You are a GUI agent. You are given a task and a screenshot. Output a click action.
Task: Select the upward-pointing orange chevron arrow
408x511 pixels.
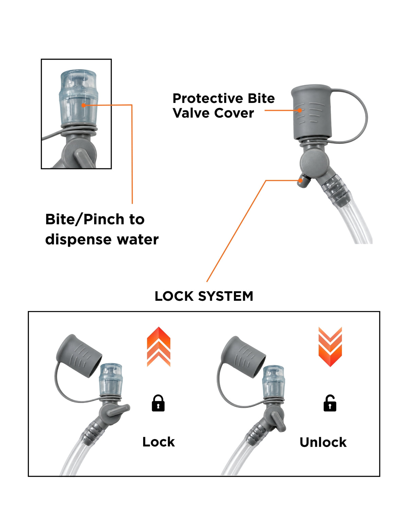click(158, 346)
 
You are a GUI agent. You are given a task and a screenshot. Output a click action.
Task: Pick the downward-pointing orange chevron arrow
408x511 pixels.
click(330, 347)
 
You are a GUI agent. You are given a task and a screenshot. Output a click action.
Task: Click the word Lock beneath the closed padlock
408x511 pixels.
click(158, 442)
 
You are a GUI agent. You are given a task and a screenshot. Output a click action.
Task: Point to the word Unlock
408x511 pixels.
click(323, 442)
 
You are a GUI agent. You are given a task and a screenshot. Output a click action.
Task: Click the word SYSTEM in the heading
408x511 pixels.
click(225, 296)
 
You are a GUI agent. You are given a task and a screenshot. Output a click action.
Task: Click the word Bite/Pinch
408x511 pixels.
click(85, 219)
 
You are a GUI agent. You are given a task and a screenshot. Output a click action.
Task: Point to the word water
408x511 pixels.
click(138, 239)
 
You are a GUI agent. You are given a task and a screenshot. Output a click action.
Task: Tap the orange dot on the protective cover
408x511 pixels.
click(300, 110)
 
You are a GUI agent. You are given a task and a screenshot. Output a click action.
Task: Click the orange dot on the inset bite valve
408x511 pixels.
click(83, 105)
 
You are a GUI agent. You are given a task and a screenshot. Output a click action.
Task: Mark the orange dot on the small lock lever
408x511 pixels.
click(300, 181)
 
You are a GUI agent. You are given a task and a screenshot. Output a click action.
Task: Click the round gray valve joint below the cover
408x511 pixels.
click(314, 162)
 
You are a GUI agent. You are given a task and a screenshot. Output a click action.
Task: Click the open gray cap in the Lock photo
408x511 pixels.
click(79, 355)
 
